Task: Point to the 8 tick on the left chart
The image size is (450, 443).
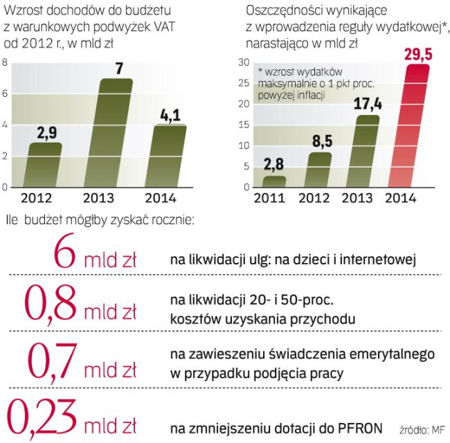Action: [x=6, y=62]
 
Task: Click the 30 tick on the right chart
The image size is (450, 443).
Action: [x=243, y=62]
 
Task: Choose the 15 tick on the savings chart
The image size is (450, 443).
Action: [x=243, y=125]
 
